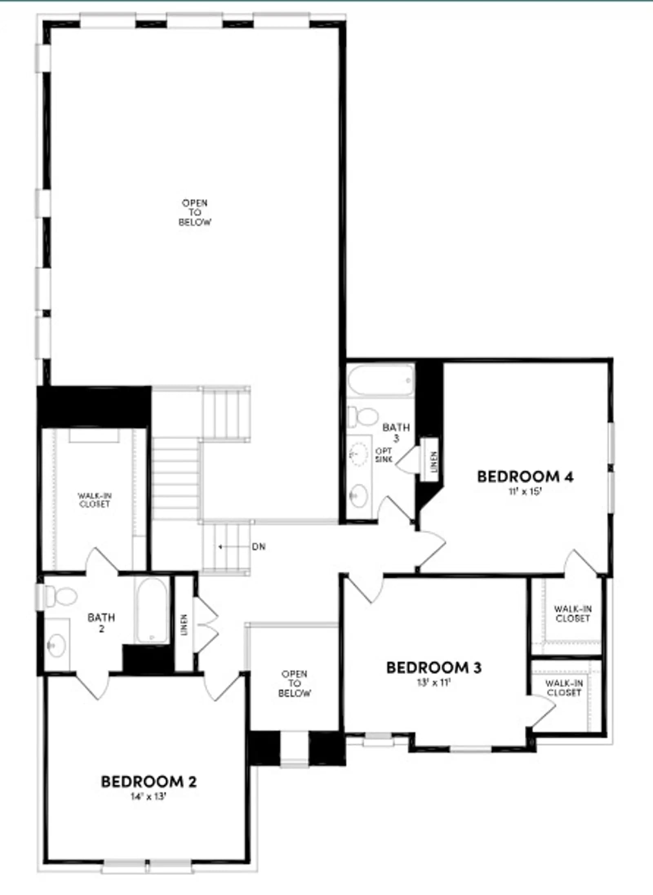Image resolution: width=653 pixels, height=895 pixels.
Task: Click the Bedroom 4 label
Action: coord(525,477)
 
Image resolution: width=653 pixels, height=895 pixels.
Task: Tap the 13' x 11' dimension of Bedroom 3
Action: coord(433,682)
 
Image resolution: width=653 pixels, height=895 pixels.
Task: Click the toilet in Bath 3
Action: coord(363,417)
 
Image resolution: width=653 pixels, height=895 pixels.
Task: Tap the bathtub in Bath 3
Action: coord(380,380)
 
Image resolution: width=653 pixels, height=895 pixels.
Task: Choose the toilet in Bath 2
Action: coord(60,596)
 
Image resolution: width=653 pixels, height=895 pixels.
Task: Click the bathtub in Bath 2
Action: coord(151,611)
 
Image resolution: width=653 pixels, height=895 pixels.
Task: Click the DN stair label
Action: coord(259,546)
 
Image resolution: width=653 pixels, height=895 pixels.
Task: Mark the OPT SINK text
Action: coord(384,455)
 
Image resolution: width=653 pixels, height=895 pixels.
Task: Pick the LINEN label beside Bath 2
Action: coord(184,625)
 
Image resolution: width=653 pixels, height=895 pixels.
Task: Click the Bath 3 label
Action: coord(396,432)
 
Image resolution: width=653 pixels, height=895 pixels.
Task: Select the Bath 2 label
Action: coord(101,622)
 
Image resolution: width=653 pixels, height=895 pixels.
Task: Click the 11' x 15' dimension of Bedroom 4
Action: coord(525,491)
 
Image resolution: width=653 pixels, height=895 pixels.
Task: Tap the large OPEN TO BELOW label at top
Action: coord(195,213)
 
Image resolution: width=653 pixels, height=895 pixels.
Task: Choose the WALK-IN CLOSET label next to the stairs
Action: coord(95,500)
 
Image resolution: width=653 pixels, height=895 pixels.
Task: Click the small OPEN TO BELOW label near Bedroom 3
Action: coord(294,683)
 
